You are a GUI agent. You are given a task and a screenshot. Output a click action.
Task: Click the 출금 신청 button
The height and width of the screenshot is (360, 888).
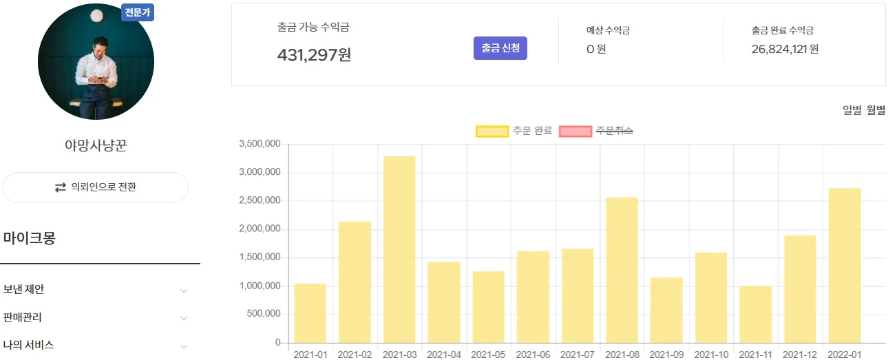500,48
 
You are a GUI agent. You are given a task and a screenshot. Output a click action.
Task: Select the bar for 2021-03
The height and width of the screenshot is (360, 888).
399,249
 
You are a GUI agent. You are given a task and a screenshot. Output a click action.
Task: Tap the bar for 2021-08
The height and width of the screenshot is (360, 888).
622,270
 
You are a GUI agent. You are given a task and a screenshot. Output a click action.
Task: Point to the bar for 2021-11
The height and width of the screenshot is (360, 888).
755,314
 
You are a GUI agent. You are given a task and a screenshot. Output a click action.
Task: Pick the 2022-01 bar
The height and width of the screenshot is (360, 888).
845,265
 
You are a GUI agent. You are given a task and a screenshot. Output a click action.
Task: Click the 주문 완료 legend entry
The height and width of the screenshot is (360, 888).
514,131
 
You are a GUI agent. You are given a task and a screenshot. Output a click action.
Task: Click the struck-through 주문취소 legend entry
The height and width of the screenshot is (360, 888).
596,131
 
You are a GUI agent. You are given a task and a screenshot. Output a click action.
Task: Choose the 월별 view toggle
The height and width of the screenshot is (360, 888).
876,110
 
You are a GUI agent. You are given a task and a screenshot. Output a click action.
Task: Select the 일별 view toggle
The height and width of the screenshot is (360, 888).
852,110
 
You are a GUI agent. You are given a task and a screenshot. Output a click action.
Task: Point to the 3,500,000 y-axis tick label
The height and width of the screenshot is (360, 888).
260,144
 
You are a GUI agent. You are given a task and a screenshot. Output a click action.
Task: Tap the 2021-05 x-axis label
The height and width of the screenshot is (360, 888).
488,354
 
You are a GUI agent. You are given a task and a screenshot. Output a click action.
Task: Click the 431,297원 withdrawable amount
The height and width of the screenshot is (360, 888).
314,54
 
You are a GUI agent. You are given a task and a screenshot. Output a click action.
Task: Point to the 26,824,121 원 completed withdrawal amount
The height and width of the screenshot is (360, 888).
785,49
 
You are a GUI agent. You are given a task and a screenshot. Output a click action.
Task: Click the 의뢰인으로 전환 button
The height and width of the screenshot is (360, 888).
96,187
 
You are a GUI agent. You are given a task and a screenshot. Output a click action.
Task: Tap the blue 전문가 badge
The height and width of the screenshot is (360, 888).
138,12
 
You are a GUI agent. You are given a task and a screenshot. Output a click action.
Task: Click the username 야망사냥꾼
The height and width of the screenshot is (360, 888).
96,146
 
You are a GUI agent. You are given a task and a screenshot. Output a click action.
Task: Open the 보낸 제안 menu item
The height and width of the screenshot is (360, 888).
24,290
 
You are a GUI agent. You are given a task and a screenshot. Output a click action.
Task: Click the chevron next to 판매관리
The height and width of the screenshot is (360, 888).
184,318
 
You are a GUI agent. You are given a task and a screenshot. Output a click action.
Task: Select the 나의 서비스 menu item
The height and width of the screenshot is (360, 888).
29,345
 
